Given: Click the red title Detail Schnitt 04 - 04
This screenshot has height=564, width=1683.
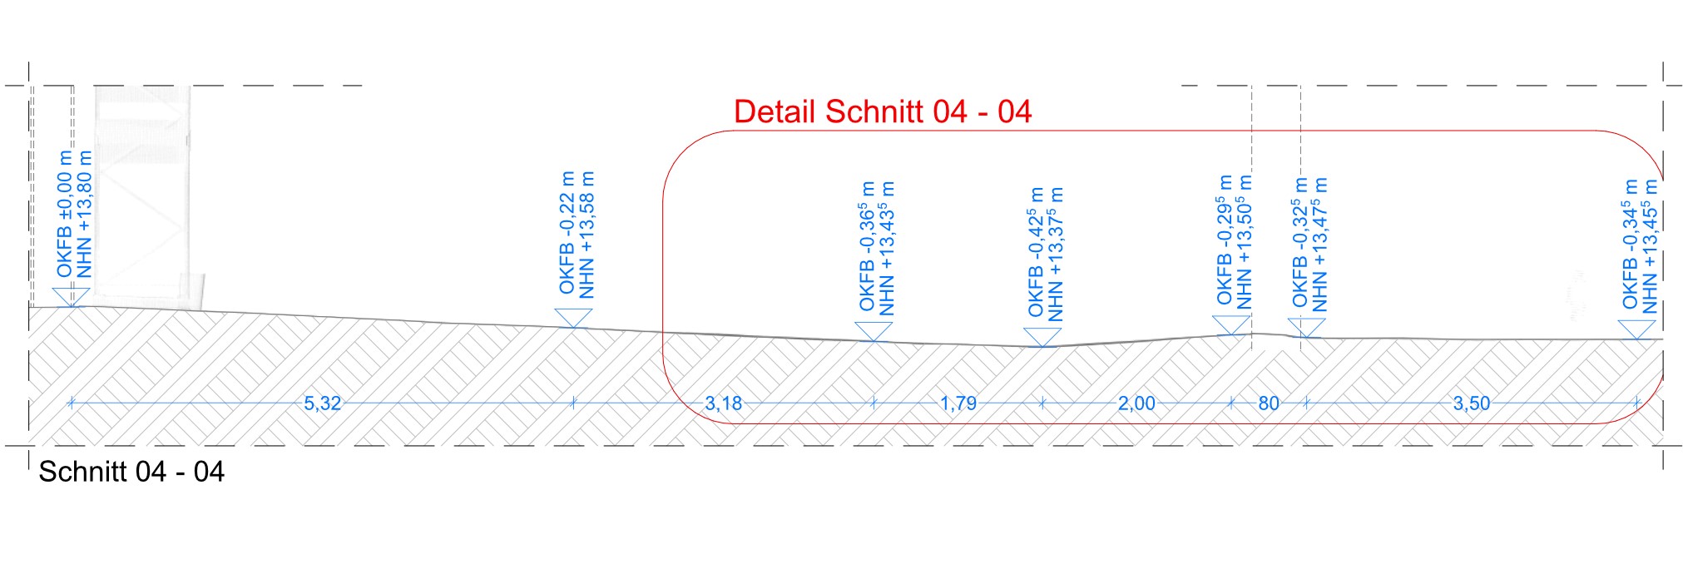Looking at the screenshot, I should point(883,112).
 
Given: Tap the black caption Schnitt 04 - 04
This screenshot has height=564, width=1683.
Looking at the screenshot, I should point(131,472).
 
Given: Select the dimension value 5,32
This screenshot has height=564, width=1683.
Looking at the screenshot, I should point(322,403).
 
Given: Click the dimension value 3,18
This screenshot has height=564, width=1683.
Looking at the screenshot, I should point(723,403).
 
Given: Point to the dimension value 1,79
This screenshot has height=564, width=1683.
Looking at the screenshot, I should point(958,403).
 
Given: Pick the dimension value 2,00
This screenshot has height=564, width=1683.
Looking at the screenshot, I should point(1136,403).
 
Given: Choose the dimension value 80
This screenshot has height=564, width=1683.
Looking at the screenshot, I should point(1268,403).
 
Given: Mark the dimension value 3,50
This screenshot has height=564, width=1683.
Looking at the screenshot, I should point(1471,403).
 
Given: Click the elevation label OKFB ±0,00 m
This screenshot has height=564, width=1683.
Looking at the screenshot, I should point(64,214).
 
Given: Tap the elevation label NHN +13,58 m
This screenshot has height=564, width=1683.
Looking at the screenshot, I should point(587,235).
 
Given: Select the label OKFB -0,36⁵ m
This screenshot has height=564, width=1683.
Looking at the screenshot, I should point(867,246).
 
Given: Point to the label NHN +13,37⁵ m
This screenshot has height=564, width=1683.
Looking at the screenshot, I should point(1056,254).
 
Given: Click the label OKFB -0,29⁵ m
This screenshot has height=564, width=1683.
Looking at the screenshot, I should point(1225,240).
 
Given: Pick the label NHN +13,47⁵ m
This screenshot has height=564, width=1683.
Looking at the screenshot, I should point(1319,245).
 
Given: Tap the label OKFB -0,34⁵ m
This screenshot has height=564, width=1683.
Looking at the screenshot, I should point(1630,244).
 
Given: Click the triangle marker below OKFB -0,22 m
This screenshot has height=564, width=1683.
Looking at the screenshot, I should point(573,317).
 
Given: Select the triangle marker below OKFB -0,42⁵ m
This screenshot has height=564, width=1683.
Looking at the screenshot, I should point(1042,337).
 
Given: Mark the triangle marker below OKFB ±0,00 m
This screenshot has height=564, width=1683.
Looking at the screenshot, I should point(71,297).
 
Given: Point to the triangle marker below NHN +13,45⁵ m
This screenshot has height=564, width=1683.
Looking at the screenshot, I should point(1637,329).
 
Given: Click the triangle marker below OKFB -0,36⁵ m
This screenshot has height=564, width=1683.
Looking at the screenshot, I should point(874,331).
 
